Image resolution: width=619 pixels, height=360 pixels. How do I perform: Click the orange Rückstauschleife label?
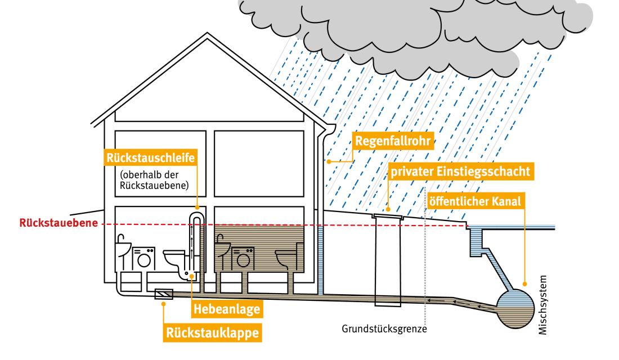(x=150, y=157)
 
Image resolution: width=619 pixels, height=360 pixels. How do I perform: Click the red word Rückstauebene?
(x=49, y=223)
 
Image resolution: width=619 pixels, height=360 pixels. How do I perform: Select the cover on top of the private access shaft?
(x=388, y=215)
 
